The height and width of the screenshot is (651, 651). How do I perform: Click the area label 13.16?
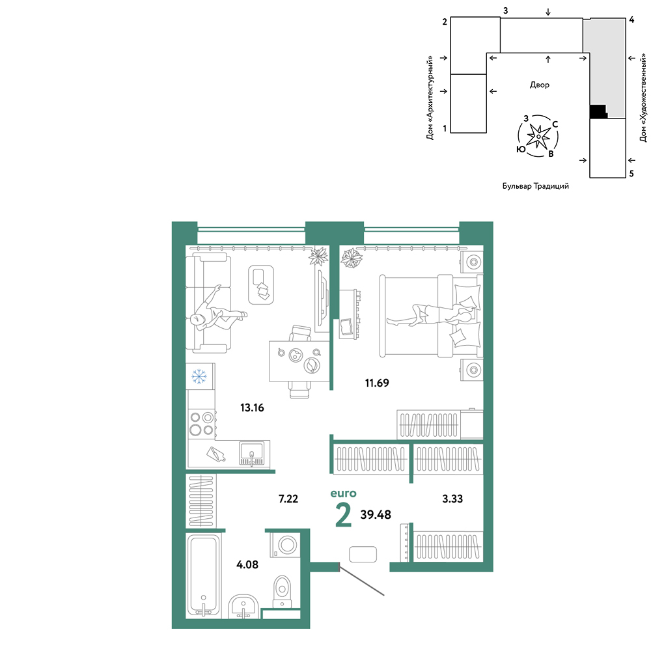pos(252,408)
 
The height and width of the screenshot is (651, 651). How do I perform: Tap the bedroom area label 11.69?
pos(377,383)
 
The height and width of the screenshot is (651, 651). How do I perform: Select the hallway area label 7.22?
pos(288,499)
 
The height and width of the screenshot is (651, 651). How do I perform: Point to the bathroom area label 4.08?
pos(247,564)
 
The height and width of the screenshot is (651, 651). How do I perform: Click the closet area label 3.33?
pos(452,499)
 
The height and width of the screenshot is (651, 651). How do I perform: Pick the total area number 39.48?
pos(376,515)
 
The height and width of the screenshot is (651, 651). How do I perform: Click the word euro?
pos(343,493)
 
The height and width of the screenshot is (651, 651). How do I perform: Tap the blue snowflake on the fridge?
pos(199,376)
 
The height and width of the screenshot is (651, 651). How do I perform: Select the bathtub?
pos(203,575)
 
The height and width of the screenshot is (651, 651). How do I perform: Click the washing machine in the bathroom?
pos(284,544)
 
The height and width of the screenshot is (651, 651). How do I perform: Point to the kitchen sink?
pos(251,453)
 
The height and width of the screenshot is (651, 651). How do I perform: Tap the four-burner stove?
pos(201,424)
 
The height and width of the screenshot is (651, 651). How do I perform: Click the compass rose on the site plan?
pos(538,136)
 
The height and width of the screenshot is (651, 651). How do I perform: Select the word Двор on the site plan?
pos(539,85)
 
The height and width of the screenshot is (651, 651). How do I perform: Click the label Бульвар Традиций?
pos(536,186)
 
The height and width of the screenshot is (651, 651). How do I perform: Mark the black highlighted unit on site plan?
pos(598,111)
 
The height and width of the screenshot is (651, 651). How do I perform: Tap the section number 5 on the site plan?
pos(631,174)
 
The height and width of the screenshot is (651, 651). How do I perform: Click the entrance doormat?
pos(363,554)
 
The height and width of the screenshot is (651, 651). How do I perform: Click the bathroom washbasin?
pos(243,607)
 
